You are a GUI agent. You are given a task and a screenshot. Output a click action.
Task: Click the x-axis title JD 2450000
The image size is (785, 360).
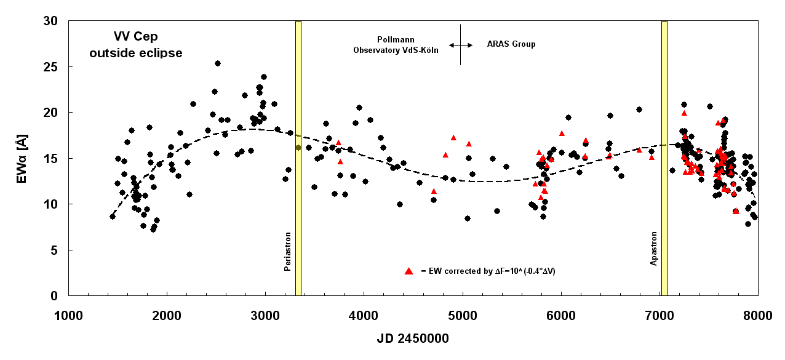pyautogui.click(x=413, y=338)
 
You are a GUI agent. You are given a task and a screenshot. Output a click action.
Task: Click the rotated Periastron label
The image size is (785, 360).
pyautogui.click(x=288, y=251)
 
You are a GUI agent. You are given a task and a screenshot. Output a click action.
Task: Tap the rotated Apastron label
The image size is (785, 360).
pyautogui.click(x=653, y=249)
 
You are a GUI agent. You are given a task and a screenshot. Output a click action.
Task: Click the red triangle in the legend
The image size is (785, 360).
pyautogui.click(x=408, y=271)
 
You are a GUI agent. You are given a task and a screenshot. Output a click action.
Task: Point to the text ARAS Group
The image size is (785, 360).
pyautogui.click(x=511, y=44)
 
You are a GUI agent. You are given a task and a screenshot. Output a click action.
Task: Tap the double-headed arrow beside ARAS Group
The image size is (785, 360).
pyautogui.click(x=461, y=45)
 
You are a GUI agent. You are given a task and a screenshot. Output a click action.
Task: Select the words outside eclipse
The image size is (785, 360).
pyautogui.click(x=135, y=53)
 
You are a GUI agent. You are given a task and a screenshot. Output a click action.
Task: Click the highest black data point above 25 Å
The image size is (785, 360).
pyautogui.click(x=218, y=63)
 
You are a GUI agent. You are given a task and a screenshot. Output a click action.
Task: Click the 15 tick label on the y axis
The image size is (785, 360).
pyautogui.click(x=52, y=158)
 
